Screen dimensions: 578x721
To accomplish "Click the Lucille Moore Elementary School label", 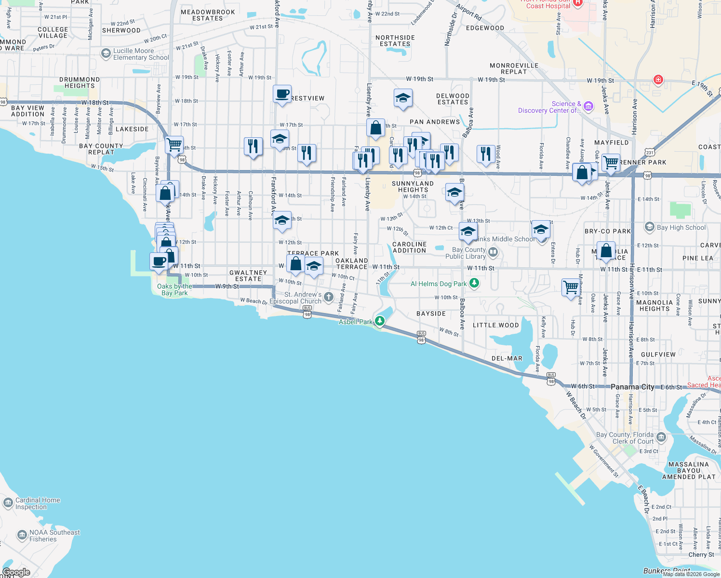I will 141,54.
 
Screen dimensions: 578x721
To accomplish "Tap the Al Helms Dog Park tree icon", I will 474,283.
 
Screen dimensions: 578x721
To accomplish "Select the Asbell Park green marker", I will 380,321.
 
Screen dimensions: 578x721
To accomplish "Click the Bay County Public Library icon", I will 493,252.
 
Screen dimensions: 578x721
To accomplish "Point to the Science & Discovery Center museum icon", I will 588,106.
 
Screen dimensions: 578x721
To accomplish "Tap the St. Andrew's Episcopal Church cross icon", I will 329,297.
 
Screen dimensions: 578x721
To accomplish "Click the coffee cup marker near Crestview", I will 282,93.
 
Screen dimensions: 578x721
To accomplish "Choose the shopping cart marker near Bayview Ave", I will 174,144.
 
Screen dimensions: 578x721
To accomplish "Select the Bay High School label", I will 681,227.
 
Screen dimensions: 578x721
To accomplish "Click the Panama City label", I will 632,387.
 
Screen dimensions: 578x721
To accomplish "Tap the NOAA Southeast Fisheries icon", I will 22,535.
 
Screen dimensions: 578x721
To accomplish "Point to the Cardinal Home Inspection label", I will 38,503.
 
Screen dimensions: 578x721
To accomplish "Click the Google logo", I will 16,572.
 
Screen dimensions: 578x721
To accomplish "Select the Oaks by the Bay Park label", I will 174,289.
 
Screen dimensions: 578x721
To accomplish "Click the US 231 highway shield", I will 650,152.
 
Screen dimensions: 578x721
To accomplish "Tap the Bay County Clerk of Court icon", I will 661,437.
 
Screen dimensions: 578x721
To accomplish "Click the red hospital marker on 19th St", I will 658,79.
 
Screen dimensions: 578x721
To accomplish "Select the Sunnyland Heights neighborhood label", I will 413,186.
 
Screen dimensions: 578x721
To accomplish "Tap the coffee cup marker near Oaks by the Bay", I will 159,261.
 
